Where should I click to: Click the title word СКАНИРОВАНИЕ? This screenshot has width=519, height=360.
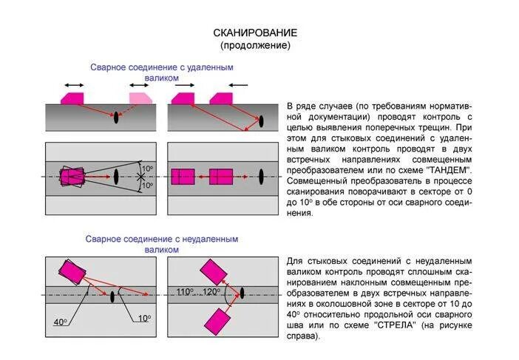click(255, 33)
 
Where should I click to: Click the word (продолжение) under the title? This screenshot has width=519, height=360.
click(255, 45)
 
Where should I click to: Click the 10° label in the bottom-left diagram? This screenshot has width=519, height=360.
click(144, 318)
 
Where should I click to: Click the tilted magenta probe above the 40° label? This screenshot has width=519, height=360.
click(72, 273)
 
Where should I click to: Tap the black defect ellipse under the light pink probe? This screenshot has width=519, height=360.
click(117, 117)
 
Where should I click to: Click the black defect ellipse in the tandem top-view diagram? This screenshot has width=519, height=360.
click(262, 177)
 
